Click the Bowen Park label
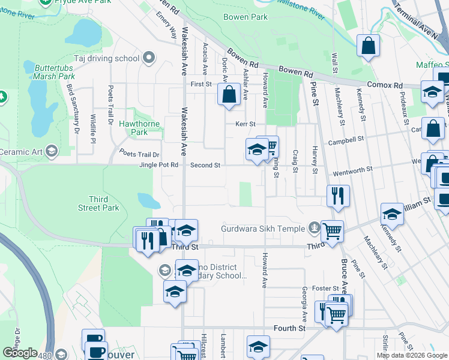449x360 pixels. pyautogui.click(x=245, y=17)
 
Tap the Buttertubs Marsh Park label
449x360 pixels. pyautogui.click(x=54, y=73)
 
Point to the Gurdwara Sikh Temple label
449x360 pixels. pyautogui.click(x=263, y=228)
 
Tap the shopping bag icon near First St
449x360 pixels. pyautogui.click(x=228, y=94)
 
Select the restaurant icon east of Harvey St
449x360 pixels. pyautogui.click(x=338, y=194)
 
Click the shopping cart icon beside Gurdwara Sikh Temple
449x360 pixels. pyautogui.click(x=332, y=230)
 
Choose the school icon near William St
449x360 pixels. pyautogui.click(x=392, y=213)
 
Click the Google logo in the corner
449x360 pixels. pyautogui.click(x=20, y=353)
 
